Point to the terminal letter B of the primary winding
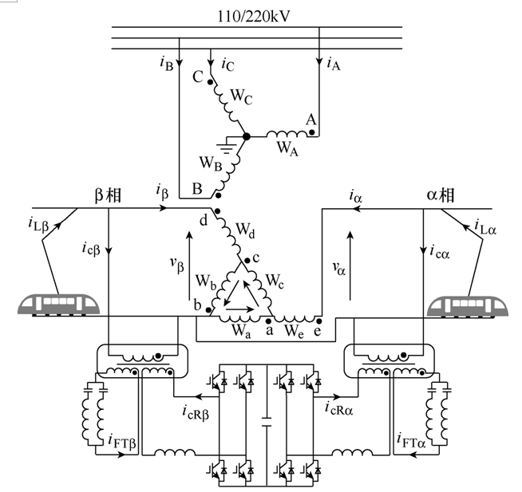click(196, 190)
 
